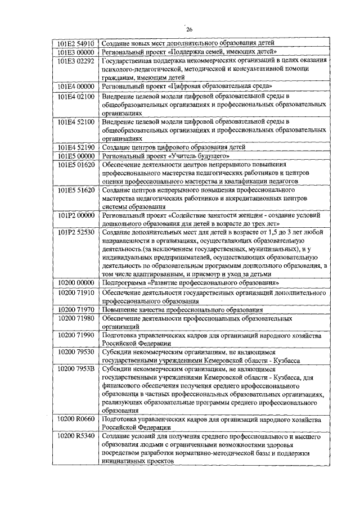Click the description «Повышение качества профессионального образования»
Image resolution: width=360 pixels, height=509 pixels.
(x=182, y=309)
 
